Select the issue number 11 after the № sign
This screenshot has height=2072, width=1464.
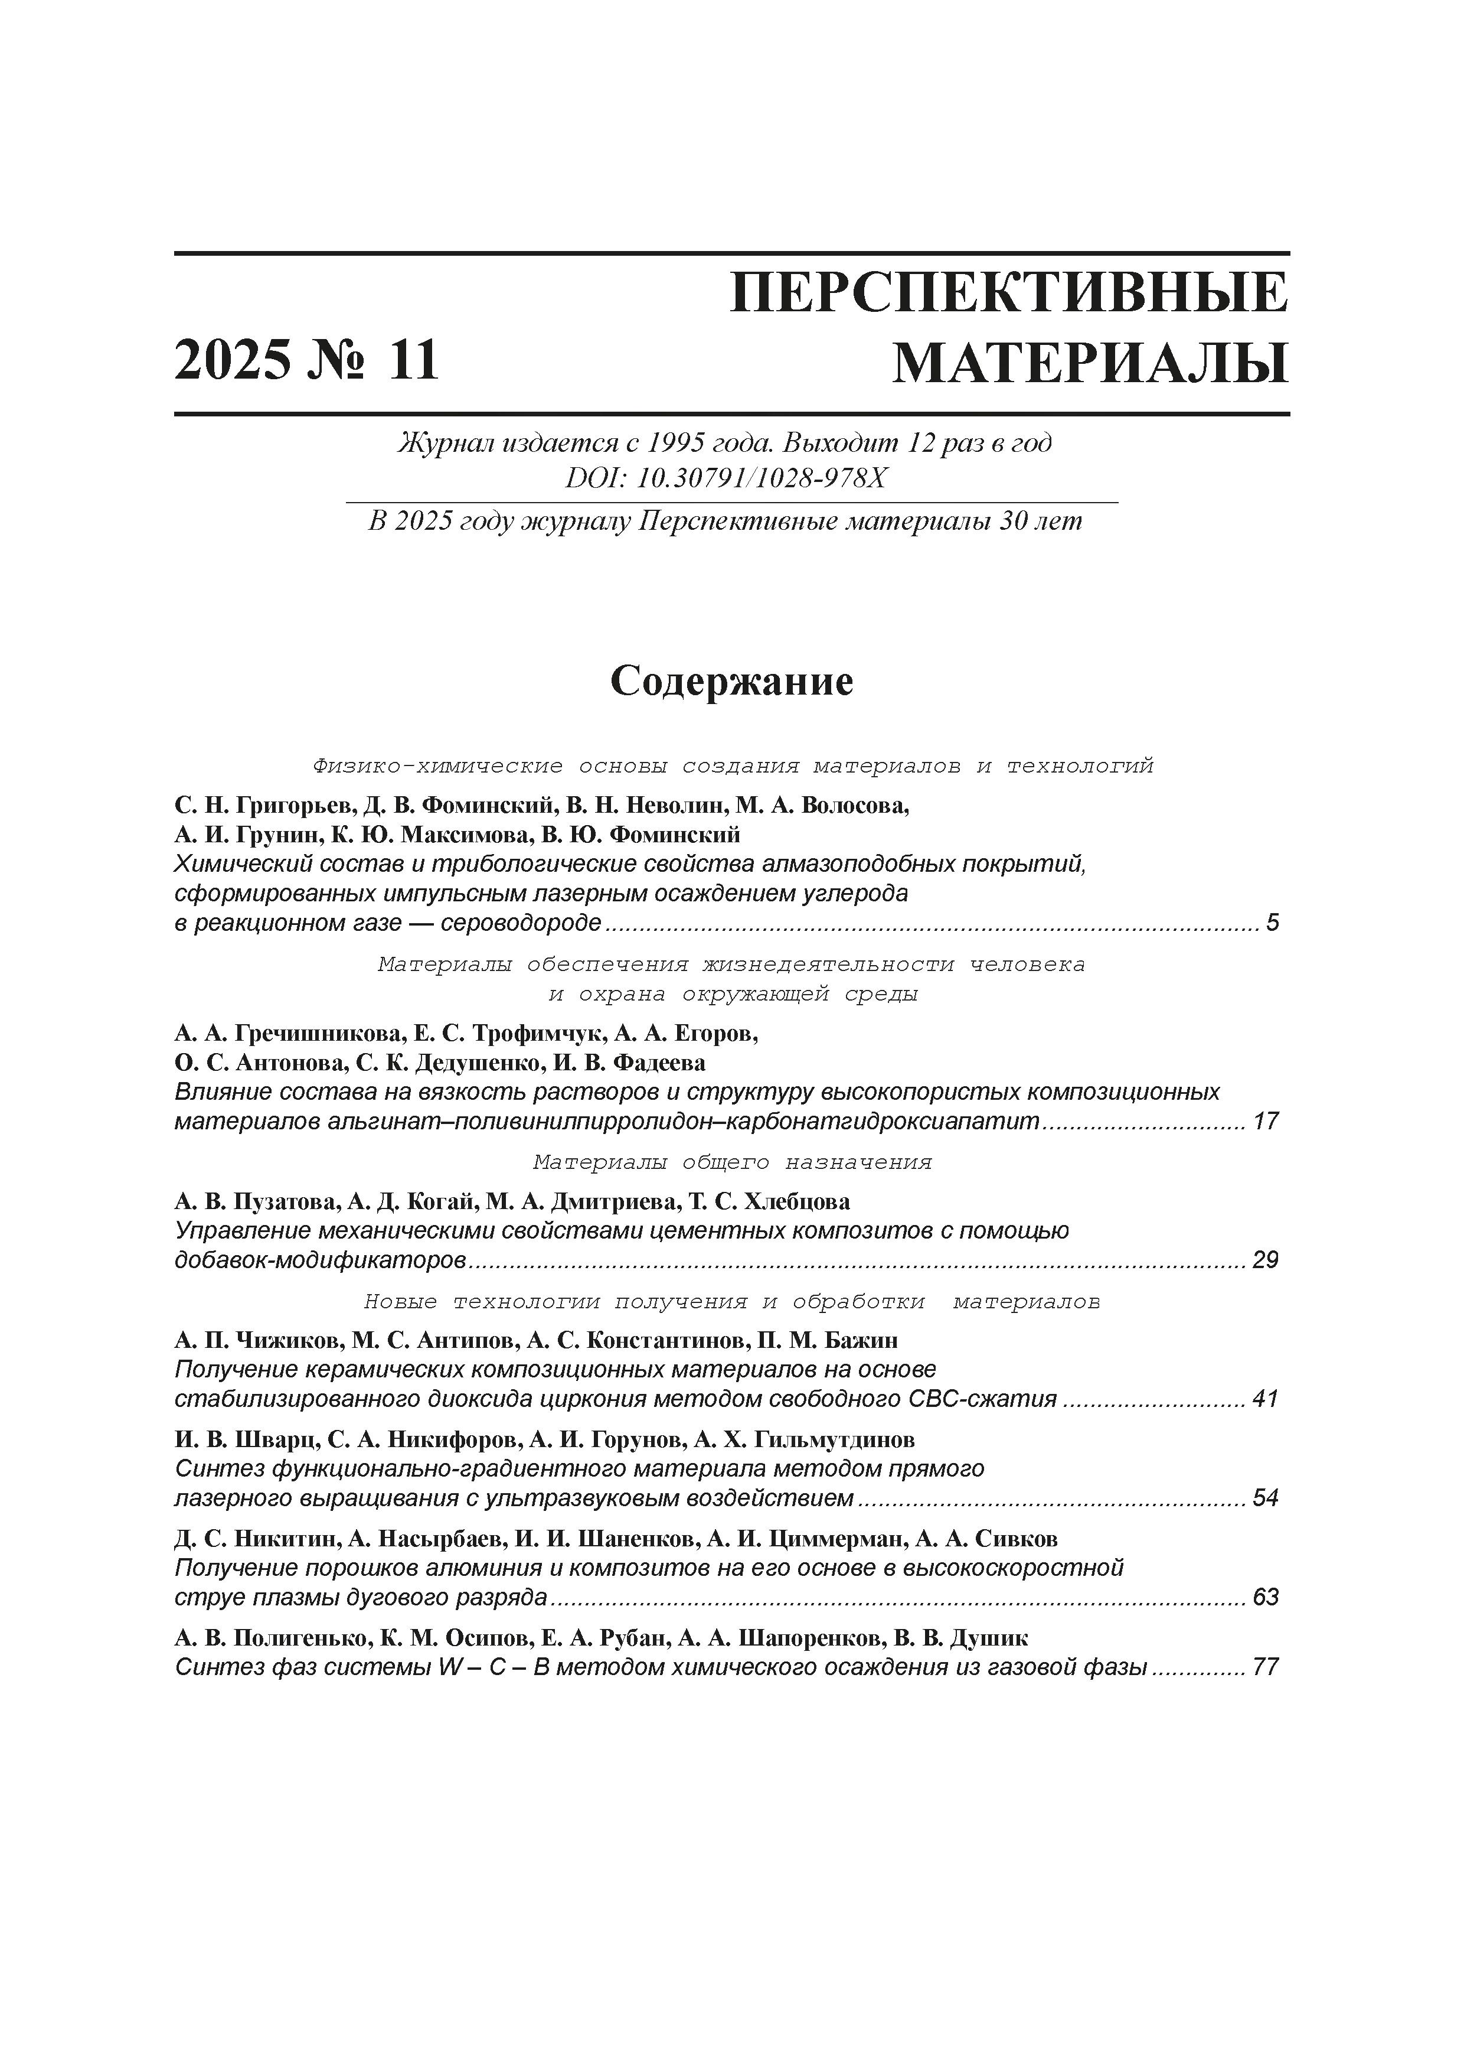tap(413, 361)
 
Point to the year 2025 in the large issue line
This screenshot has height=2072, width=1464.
tap(234, 361)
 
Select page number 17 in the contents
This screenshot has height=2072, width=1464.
tap(1266, 1122)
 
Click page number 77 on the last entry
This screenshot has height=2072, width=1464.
tap(1266, 1668)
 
